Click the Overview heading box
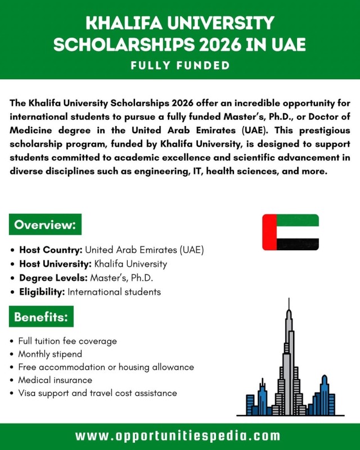pyautogui.click(x=45, y=225)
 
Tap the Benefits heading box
pyautogui.click(x=41, y=317)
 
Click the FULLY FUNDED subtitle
pyautogui.click(x=180, y=66)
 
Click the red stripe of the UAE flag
pyautogui.click(x=269, y=232)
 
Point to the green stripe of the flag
pyautogui.click(x=298, y=220)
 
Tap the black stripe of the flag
pyautogui.click(x=298, y=244)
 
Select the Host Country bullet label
pyautogui.click(x=51, y=250)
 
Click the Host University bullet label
pyautogui.click(x=55, y=264)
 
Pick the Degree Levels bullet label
pyautogui.click(x=53, y=278)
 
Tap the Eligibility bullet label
pyautogui.click(x=42, y=292)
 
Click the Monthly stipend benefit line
pyautogui.click(x=50, y=354)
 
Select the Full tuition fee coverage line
pyautogui.click(x=67, y=341)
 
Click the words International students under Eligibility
pyautogui.click(x=114, y=292)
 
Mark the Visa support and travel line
pyautogui.click(x=97, y=393)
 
